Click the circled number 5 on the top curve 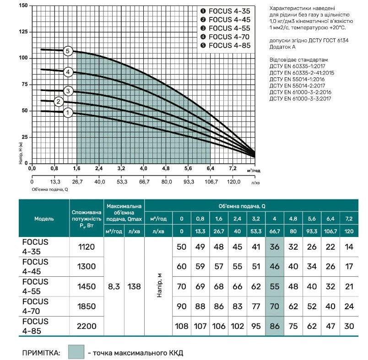coord(68,51)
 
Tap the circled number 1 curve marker coord(68,113)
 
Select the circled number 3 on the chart coord(68,91)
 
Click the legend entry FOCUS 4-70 coord(226,37)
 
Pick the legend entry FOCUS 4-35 coord(226,11)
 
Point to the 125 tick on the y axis coord(23,32)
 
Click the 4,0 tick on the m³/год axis coord(143,168)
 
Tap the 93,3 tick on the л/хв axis coord(189,182)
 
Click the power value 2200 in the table coord(87,326)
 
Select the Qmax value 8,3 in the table coord(114,286)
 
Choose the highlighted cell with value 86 coord(275,326)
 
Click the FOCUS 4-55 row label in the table coord(35,286)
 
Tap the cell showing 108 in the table coord(181,326)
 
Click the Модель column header coord(44,219)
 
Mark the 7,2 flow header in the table coord(349,219)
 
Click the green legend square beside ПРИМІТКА coord(76,352)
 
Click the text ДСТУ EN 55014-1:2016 coord(297,79)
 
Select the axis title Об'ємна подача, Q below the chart coord(50,189)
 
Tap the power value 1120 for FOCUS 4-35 coord(87,247)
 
